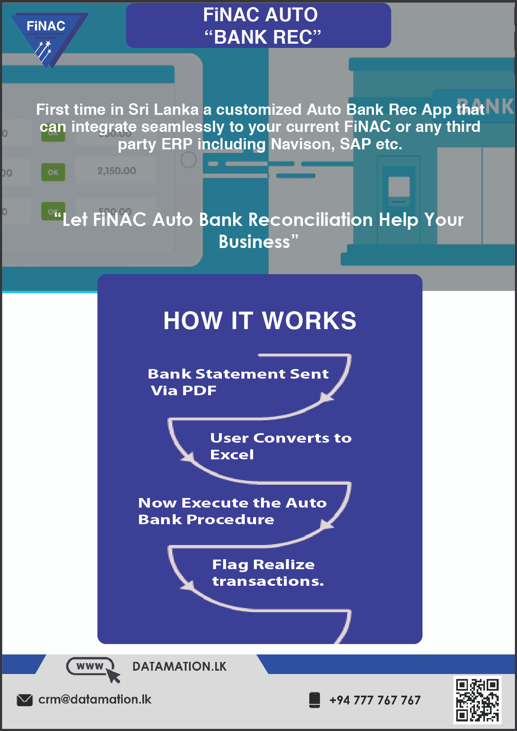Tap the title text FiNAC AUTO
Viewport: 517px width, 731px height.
click(x=260, y=15)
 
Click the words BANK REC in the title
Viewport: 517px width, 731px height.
click(x=263, y=37)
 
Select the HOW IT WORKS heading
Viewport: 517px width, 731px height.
click(x=260, y=321)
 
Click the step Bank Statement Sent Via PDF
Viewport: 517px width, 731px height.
click(x=238, y=382)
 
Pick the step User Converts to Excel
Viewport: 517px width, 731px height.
click(x=281, y=446)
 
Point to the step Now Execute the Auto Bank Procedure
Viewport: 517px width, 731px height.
click(x=232, y=511)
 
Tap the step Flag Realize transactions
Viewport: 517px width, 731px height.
click(x=268, y=572)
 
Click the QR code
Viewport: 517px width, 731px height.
click(x=477, y=700)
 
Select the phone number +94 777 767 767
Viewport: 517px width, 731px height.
click(x=375, y=700)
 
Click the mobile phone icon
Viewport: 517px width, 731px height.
click(x=315, y=700)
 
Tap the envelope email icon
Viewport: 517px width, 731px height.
click(x=25, y=700)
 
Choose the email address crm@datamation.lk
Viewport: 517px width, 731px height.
click(x=95, y=699)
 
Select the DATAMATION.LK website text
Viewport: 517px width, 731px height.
click(x=179, y=667)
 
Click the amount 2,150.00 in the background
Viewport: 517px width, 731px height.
click(x=117, y=171)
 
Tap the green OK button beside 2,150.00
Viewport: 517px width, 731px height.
click(x=53, y=172)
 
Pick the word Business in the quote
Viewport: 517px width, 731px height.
click(x=254, y=242)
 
